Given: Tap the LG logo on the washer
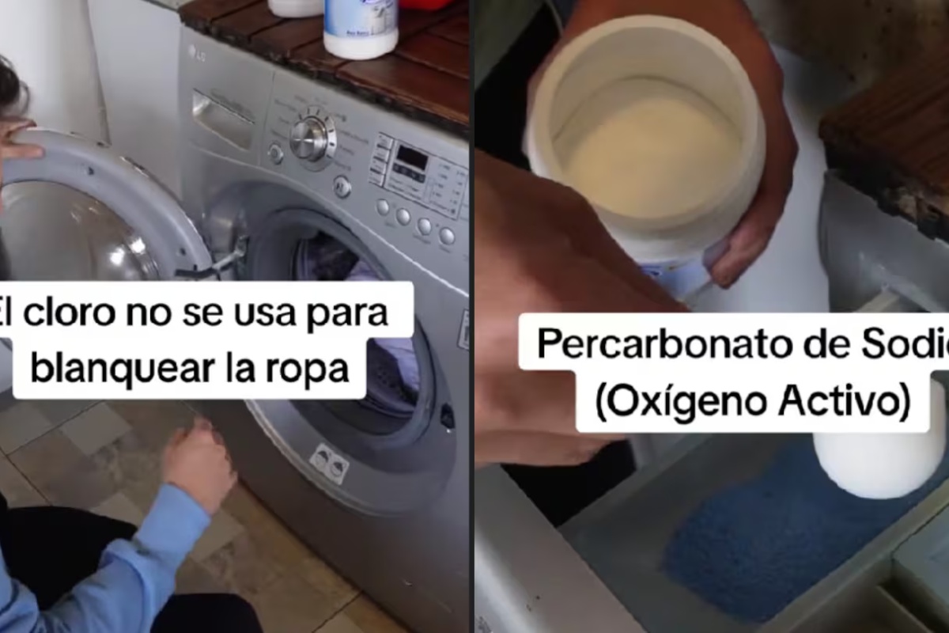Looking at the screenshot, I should click(x=192, y=52).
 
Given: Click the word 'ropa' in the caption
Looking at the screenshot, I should click(x=315, y=368).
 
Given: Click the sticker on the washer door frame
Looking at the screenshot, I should click(x=331, y=462).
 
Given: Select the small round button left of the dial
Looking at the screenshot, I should click(x=275, y=154).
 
